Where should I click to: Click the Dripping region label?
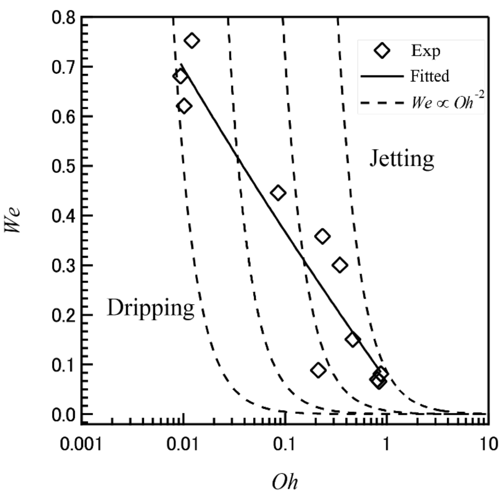[x=151, y=309]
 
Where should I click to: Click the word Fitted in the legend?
[x=428, y=77]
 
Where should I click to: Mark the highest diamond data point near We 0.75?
[x=192, y=40]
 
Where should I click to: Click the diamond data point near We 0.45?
[x=278, y=192]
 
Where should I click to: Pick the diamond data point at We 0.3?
[x=339, y=266]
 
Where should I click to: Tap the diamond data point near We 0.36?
[x=322, y=237]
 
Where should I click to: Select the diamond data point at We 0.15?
[x=352, y=340]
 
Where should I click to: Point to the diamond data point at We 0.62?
[x=184, y=106]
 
